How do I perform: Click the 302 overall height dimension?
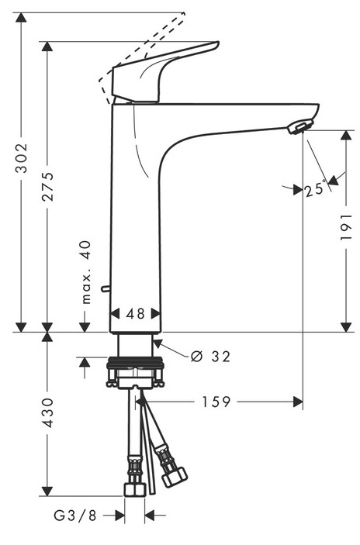pyautogui.click(x=22, y=158)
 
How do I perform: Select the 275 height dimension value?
pyautogui.click(x=47, y=187)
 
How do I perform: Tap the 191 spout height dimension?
pyautogui.click(x=347, y=227)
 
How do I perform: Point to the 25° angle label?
pyautogui.click(x=316, y=189)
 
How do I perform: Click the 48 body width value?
pyautogui.click(x=136, y=314)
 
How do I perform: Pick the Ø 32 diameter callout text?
pyautogui.click(x=211, y=357)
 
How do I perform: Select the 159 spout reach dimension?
pyautogui.click(x=216, y=402)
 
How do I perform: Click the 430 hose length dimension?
pyautogui.click(x=47, y=412)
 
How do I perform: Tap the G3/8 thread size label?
pyautogui.click(x=75, y=515)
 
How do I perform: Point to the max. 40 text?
pyautogui.click(x=85, y=272)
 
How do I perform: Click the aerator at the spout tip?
pyautogui.click(x=299, y=127)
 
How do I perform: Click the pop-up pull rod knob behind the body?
pyautogui.click(x=105, y=288)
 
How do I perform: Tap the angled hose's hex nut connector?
pyautogui.click(x=175, y=478)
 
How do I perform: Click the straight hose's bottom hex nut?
pyautogui.click(x=134, y=489)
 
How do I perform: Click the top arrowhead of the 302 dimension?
pyautogui.click(x=22, y=17)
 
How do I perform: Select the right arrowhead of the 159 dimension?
pyautogui.click(x=298, y=402)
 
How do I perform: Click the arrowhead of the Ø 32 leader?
pyautogui.click(x=157, y=343)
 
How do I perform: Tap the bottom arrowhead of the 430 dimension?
pyautogui.click(x=47, y=492)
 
